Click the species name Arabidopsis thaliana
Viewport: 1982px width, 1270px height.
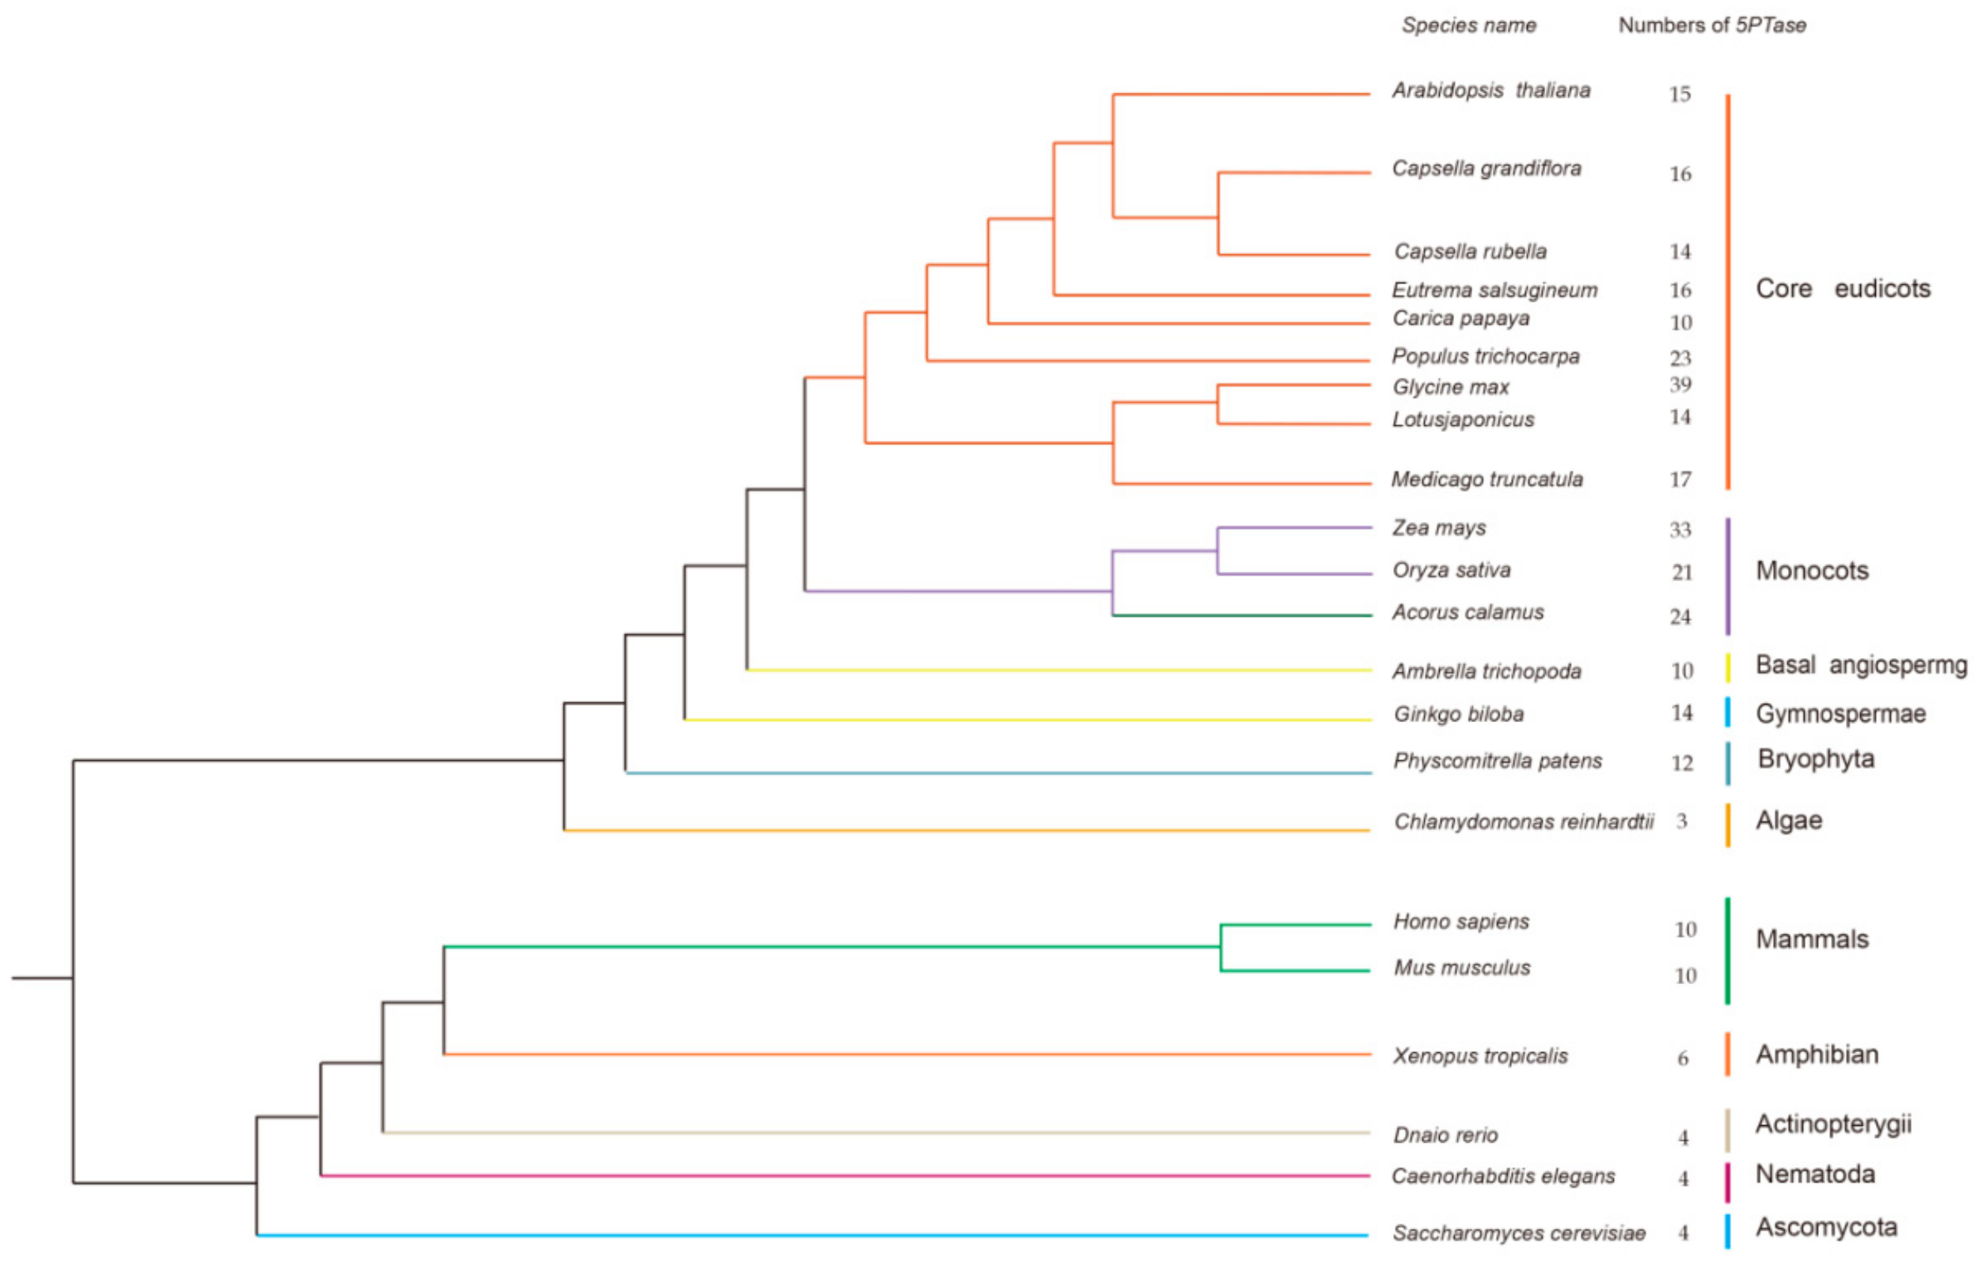(x=1490, y=90)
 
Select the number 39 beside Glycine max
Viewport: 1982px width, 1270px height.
(x=1680, y=384)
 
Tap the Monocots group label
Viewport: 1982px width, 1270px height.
(x=1811, y=570)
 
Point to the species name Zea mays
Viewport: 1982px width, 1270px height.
(x=1439, y=528)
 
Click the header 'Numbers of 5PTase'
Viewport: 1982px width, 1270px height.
(x=1711, y=25)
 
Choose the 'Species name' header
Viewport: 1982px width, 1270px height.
(x=1468, y=25)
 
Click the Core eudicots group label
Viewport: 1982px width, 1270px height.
(x=1842, y=289)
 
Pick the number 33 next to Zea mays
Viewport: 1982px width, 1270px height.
(x=1680, y=530)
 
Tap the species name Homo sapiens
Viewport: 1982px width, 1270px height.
(x=1461, y=921)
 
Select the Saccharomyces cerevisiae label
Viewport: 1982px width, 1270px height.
(x=1519, y=1233)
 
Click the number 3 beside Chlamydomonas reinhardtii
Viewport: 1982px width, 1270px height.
(x=1681, y=821)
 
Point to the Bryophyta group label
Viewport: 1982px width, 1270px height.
(x=1816, y=759)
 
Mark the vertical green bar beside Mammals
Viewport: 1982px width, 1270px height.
(x=1727, y=951)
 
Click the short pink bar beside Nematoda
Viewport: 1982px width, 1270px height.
(x=1727, y=1182)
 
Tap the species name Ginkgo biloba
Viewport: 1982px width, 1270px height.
(x=1459, y=714)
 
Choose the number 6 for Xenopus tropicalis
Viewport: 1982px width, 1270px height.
(x=1683, y=1058)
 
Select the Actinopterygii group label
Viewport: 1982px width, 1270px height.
(x=1832, y=1124)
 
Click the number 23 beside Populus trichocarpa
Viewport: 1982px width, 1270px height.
(x=1680, y=358)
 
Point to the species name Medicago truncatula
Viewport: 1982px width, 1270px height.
(x=1486, y=479)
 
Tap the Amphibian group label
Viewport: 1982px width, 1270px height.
(x=1817, y=1054)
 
